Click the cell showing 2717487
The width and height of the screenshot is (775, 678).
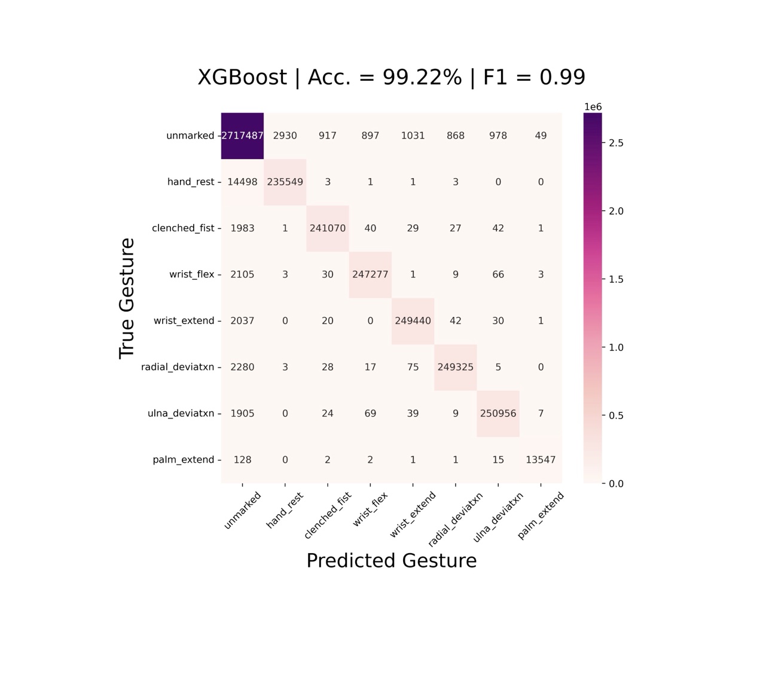coord(242,136)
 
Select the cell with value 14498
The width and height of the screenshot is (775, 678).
coord(242,182)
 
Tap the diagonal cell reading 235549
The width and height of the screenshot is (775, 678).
coord(285,182)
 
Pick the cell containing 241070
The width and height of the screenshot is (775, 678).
coord(327,228)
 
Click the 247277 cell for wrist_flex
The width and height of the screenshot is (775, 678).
coord(370,274)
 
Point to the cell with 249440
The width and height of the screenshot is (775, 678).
coord(413,321)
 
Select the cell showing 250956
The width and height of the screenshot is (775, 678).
coord(498,414)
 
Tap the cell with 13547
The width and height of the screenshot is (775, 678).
coord(541,460)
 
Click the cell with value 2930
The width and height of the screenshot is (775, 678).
coord(285,136)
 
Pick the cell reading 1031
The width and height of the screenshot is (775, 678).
coord(413,136)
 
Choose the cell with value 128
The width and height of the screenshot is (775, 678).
coord(242,460)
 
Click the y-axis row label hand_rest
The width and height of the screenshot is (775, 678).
coord(190,182)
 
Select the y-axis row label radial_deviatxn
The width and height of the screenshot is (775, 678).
coord(178,367)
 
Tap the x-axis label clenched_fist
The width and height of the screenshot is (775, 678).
coord(327,515)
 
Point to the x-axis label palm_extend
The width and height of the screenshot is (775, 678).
coord(541,515)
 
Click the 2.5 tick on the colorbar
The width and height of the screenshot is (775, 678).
coord(616,143)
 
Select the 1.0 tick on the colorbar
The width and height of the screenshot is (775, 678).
coord(616,347)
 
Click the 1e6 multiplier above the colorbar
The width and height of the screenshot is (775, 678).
coord(593,107)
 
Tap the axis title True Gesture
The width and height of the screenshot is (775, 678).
coord(127,298)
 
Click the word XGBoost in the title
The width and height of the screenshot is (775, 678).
coord(242,78)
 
